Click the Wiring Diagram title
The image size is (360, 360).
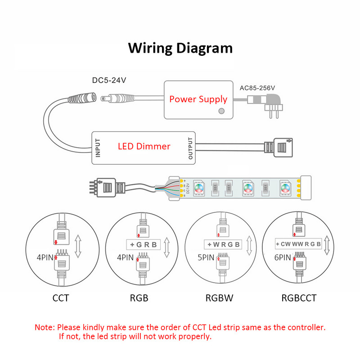click(x=180, y=48)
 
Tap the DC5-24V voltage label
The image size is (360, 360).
click(x=109, y=81)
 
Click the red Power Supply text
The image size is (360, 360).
click(x=198, y=99)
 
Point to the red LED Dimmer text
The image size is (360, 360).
click(x=144, y=146)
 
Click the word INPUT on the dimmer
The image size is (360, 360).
click(x=98, y=147)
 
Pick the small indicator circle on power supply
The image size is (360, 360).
click(x=221, y=111)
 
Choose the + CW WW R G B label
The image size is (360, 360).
click(x=298, y=244)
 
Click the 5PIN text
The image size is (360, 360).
click(x=206, y=258)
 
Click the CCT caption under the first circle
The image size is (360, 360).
click(x=61, y=298)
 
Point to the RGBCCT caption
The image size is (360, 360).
click(x=299, y=298)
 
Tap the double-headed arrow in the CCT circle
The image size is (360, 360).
click(x=78, y=245)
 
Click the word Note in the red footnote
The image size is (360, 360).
click(x=45, y=327)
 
